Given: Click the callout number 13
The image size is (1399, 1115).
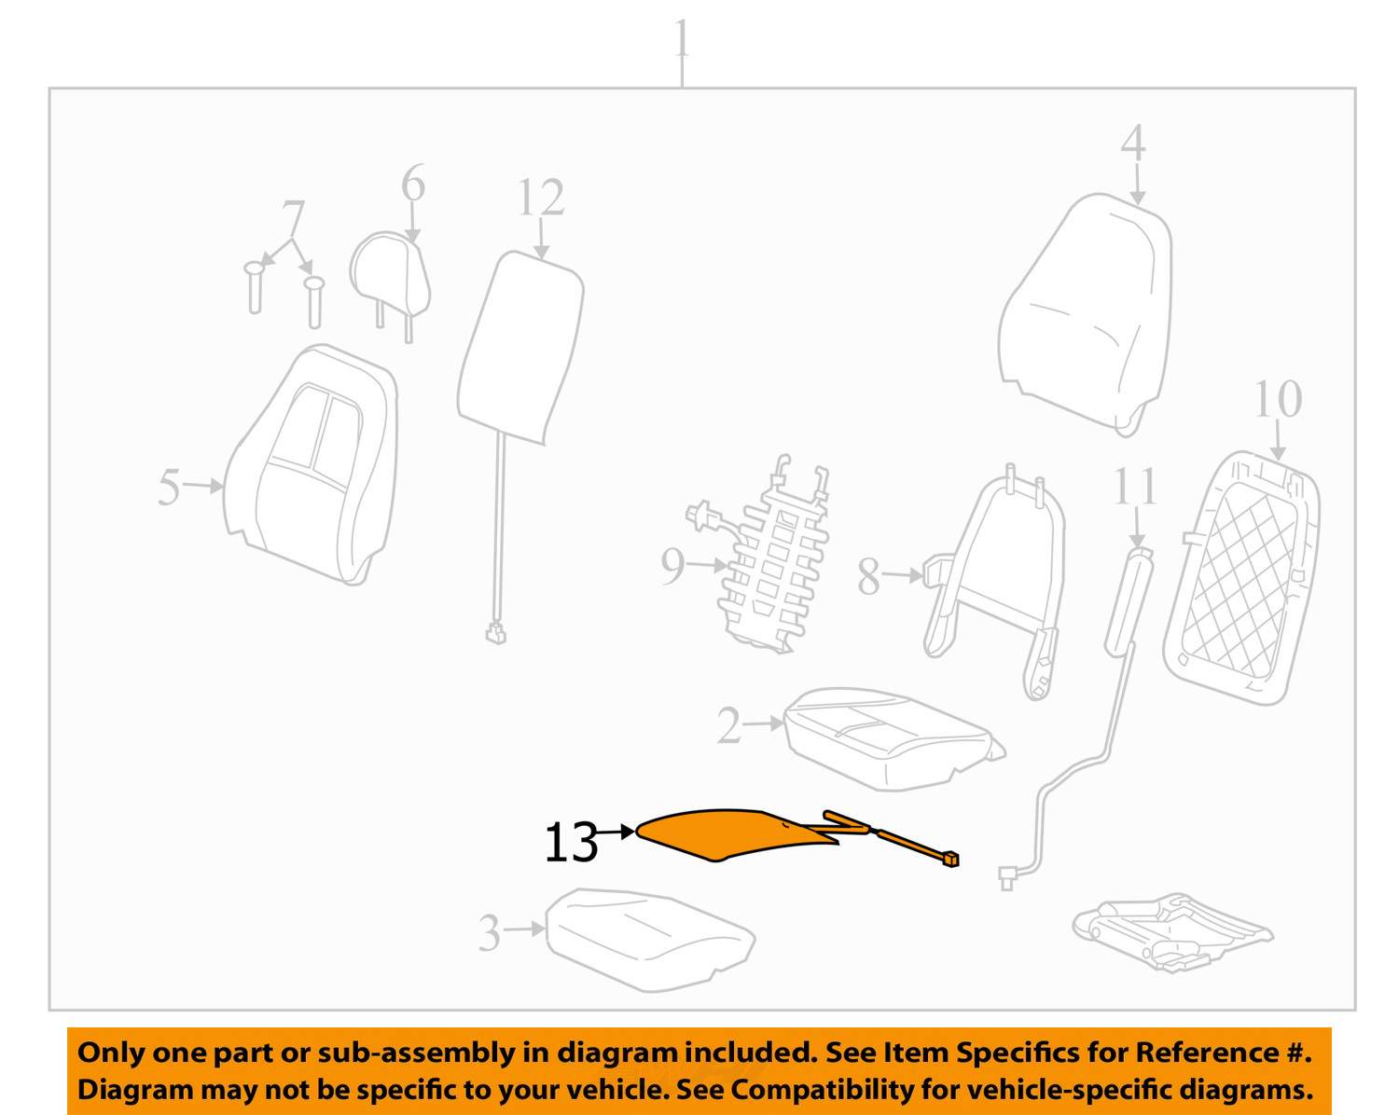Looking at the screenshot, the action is coord(571,842).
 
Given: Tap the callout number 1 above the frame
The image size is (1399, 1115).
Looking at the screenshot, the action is coord(681,38).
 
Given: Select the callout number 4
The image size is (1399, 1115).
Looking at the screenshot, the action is coord(1132,144).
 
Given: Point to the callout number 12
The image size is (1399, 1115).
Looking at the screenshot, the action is coord(541,198).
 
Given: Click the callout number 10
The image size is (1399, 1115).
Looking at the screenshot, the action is coord(1278,399).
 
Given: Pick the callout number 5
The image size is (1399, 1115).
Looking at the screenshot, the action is coord(169,487).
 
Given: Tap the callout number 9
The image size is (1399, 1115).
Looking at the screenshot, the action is coord(672,566).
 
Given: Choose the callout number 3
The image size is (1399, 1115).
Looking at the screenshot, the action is coord(489,933).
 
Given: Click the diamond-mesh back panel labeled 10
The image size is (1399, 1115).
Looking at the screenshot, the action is coord(1240,578).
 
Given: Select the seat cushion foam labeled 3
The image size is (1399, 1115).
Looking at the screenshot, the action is coord(650,940).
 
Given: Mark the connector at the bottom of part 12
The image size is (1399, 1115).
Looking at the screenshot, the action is coord(495,632).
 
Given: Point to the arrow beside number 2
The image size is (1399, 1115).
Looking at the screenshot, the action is coord(763,723).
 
